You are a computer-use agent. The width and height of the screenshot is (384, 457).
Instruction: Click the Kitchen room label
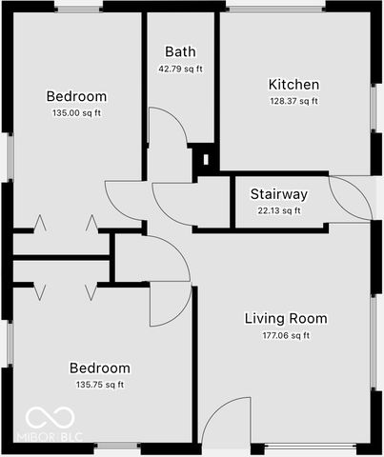[x=293, y=85]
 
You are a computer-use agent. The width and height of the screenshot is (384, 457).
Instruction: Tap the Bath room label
[x=180, y=52]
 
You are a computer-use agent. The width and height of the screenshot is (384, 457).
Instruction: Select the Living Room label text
[x=286, y=318]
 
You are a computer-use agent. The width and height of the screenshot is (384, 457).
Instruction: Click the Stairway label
[x=279, y=194]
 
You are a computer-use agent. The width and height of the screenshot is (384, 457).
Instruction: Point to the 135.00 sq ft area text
[x=76, y=113]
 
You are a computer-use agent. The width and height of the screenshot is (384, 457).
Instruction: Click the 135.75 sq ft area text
[x=99, y=385]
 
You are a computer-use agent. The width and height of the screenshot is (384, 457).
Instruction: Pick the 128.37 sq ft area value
[x=293, y=101]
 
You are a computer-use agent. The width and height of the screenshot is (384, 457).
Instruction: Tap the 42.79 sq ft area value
[x=180, y=69]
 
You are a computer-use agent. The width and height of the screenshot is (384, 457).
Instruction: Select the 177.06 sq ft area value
[x=286, y=335]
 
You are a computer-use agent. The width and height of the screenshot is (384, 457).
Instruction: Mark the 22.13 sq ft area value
[x=279, y=210]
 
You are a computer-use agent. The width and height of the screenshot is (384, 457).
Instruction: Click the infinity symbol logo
[x=45, y=417]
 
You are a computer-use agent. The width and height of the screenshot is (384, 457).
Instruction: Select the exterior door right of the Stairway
[x=351, y=199]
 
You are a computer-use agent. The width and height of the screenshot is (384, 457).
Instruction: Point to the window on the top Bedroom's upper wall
[x=77, y=7]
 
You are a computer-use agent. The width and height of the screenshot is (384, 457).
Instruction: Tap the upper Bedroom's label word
[x=76, y=96]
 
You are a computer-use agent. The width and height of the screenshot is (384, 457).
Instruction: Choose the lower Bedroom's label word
[x=99, y=368]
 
